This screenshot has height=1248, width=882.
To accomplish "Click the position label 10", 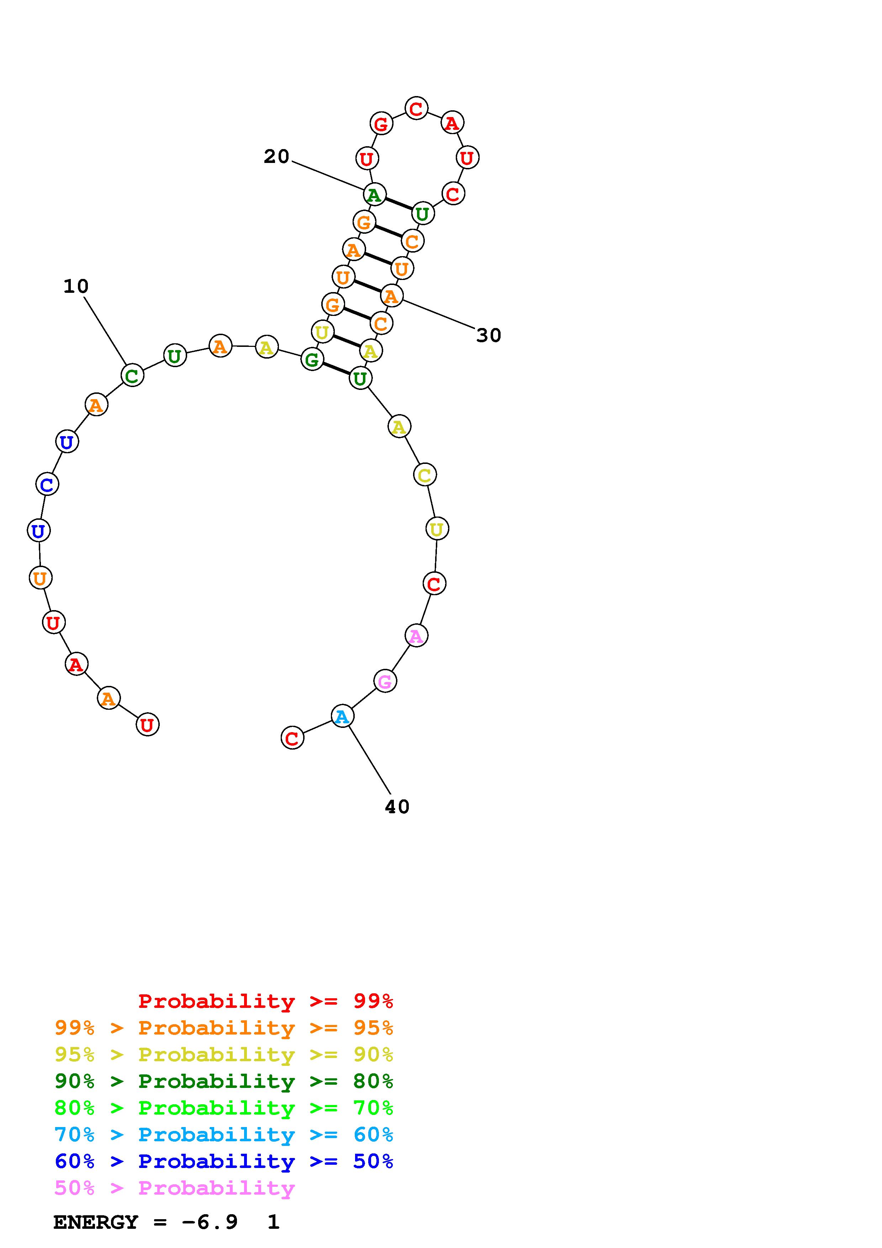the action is pyautogui.click(x=76, y=286).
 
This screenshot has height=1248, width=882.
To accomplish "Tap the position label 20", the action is pyautogui.click(x=276, y=157).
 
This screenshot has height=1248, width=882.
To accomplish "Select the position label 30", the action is pyautogui.click(x=488, y=335).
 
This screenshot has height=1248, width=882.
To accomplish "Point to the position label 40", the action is pyautogui.click(x=397, y=807).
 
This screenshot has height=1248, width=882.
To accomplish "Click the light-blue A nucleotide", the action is pyautogui.click(x=342, y=716).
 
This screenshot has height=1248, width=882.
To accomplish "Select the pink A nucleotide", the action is pyautogui.click(x=416, y=635).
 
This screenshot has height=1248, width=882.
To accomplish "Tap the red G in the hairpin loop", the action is pyautogui.click(x=381, y=123).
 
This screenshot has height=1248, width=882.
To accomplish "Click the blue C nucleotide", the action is pyautogui.click(x=47, y=484).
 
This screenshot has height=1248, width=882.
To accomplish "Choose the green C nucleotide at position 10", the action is pyautogui.click(x=132, y=375).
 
